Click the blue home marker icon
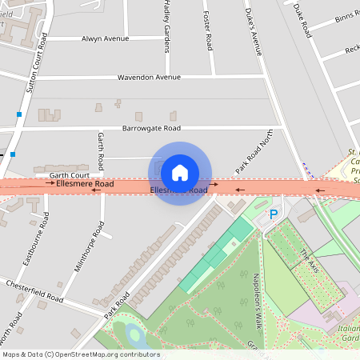180,173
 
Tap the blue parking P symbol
274,214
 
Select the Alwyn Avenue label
105,38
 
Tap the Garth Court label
69,174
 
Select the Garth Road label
101,150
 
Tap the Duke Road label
302,21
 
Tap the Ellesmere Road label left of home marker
85,184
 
